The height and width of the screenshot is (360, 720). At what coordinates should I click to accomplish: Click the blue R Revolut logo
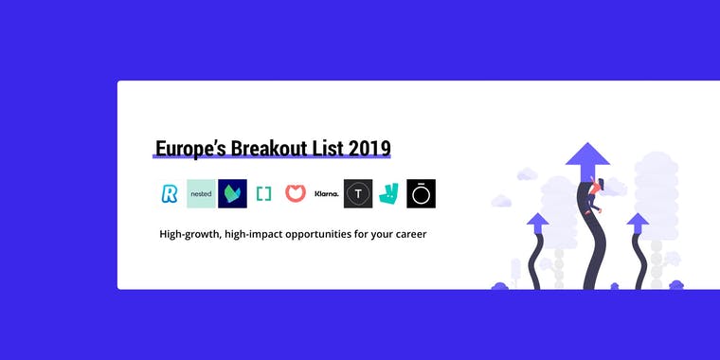click(x=170, y=193)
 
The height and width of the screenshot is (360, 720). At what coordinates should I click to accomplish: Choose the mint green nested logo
click(x=201, y=193)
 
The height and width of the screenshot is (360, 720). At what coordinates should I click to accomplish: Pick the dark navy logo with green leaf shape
click(x=232, y=193)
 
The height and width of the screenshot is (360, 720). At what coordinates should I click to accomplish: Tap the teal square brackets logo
click(x=263, y=193)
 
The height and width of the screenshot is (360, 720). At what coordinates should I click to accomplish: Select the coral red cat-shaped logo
click(x=295, y=193)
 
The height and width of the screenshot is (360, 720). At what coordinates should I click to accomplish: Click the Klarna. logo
click(x=327, y=193)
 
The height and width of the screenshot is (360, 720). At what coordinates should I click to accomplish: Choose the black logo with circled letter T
click(x=358, y=193)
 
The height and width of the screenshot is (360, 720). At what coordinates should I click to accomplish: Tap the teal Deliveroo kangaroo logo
click(x=389, y=193)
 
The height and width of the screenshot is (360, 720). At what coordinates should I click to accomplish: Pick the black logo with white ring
click(x=421, y=193)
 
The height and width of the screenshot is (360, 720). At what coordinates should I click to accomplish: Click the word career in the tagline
click(x=406, y=233)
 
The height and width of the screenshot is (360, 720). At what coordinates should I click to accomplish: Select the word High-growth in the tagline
click(x=189, y=233)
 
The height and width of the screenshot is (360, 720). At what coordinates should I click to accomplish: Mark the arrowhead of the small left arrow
click(x=538, y=223)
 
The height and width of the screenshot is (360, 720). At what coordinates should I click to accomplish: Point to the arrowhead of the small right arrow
click(x=638, y=222)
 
